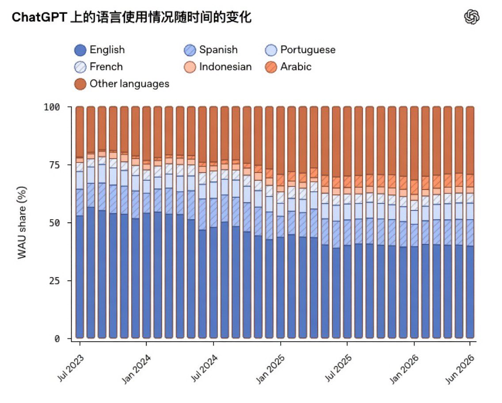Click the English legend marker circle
click(80, 50)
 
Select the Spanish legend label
click(218, 49)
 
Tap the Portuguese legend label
click(308, 50)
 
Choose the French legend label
click(106, 67)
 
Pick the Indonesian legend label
click(225, 67)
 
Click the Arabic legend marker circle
click(271, 67)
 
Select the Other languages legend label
click(129, 84)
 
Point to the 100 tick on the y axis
click(52, 107)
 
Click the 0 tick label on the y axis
click(57, 338)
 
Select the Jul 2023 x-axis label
click(71, 368)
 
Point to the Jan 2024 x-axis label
click(137, 369)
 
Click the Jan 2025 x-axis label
click(270, 369)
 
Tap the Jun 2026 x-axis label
click(460, 369)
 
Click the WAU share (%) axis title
click(22, 223)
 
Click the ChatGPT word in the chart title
click(39, 17)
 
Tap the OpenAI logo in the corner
click(472, 17)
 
